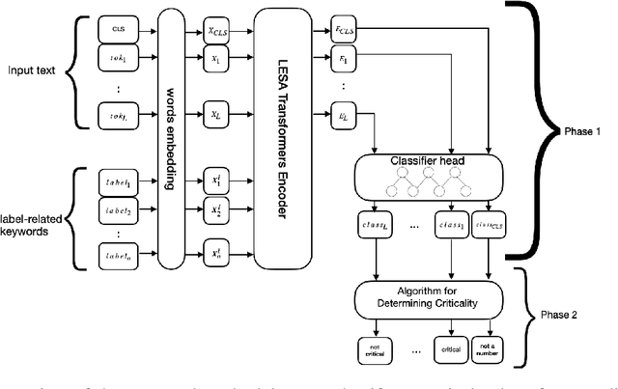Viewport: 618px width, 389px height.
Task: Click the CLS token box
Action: [x=118, y=30]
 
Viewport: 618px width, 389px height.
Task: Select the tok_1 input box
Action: [x=118, y=57]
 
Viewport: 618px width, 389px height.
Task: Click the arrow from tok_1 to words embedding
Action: [x=149, y=57]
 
